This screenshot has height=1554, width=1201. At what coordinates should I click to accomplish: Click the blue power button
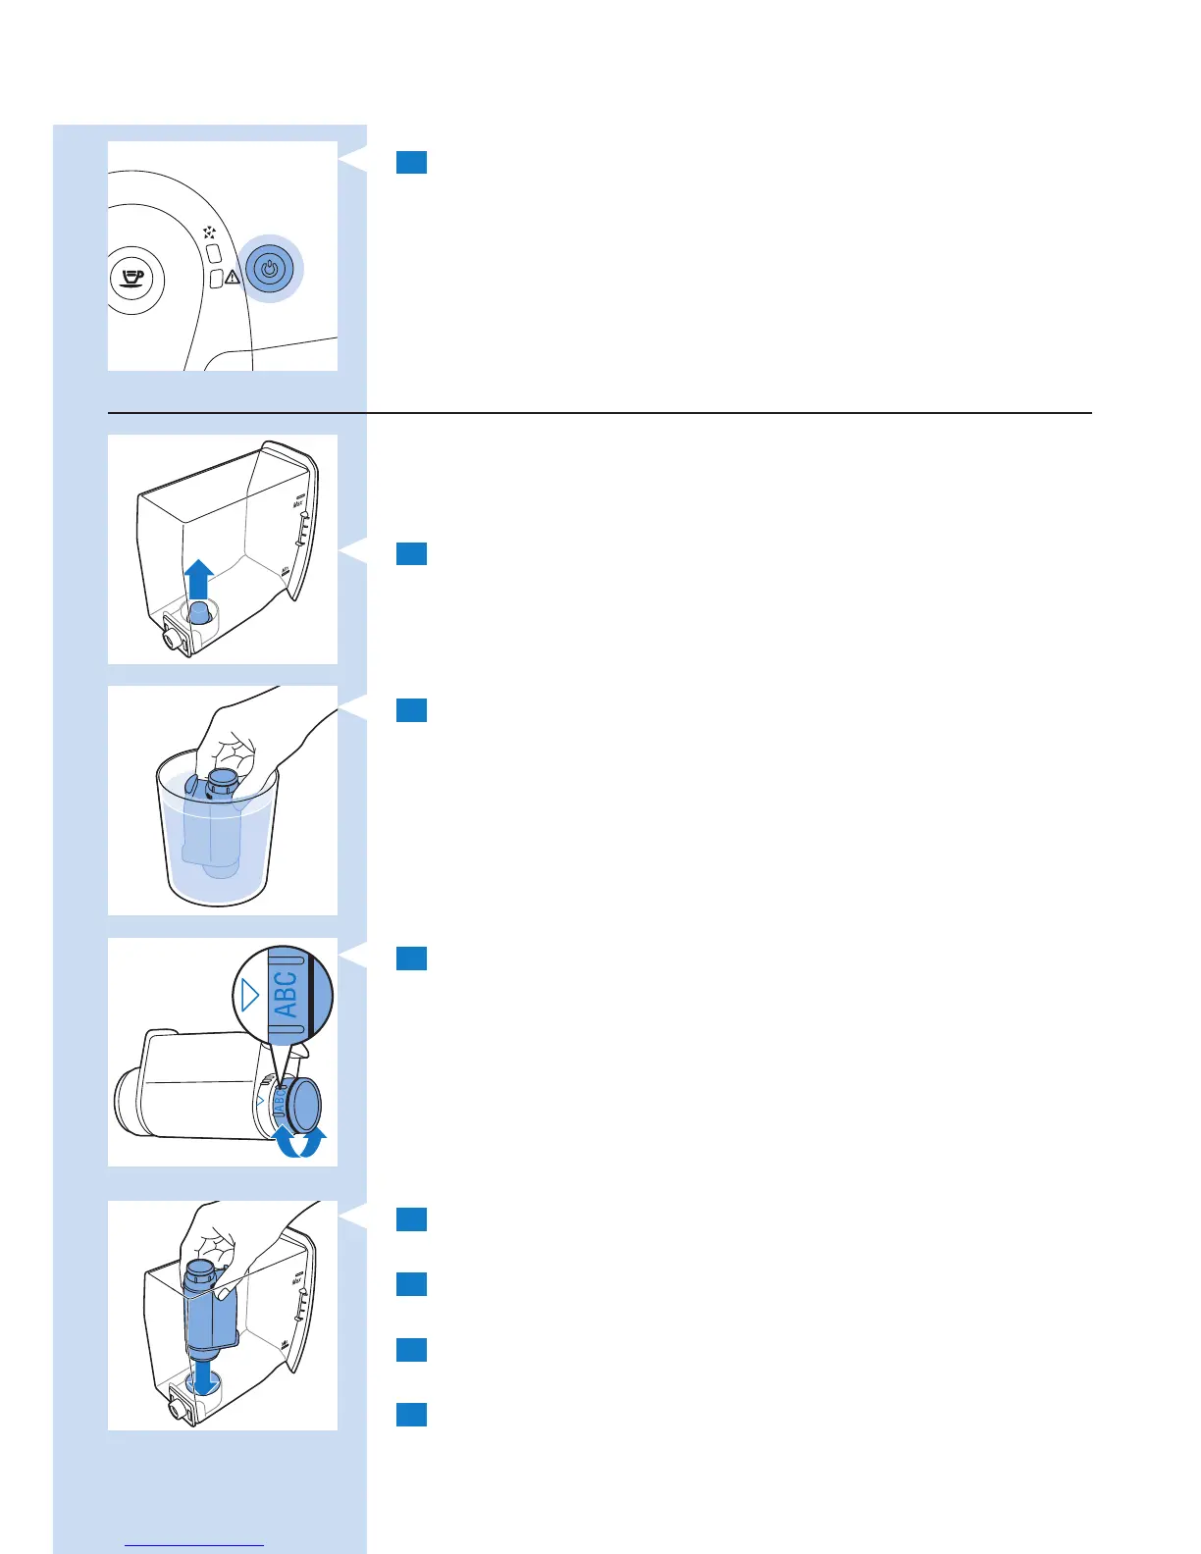[x=273, y=268]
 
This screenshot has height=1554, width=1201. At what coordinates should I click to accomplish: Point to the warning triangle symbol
[x=233, y=278]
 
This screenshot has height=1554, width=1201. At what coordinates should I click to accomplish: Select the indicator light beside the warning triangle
[x=217, y=279]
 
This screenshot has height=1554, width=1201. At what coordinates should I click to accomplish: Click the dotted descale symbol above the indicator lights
[x=209, y=233]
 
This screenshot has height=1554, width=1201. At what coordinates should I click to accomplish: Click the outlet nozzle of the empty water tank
[x=174, y=638]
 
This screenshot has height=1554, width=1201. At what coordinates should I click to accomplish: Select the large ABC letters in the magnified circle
[x=285, y=994]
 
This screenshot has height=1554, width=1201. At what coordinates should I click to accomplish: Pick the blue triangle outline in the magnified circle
[x=249, y=996]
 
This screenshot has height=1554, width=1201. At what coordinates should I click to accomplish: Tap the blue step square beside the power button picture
[x=411, y=162]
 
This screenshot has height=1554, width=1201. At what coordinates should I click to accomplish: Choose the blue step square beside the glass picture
[x=411, y=709]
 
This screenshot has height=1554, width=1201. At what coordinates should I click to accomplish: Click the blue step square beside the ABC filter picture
[x=411, y=958]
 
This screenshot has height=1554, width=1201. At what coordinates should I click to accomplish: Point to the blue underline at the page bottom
[x=195, y=1545]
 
